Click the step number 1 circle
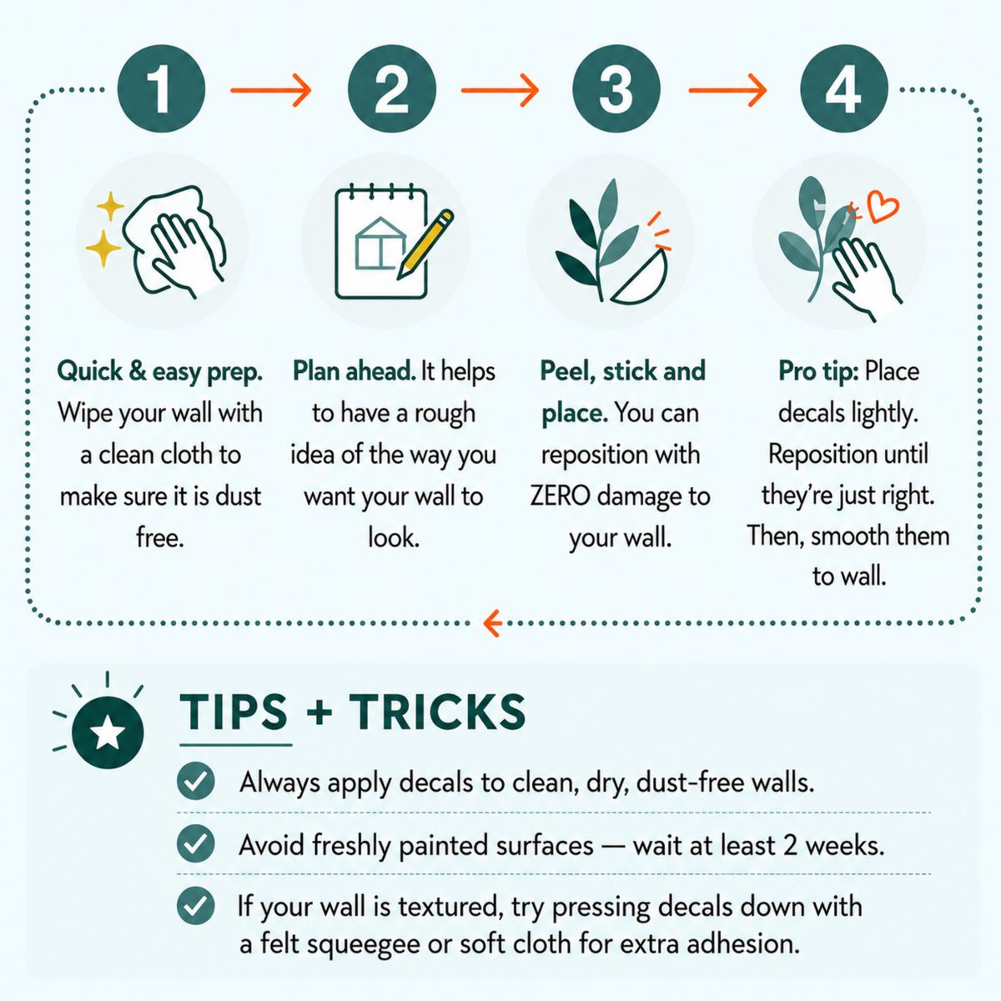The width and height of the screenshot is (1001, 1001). coord(161,88)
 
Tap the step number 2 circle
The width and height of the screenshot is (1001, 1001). coord(392,88)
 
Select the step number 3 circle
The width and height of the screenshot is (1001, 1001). coord(616,88)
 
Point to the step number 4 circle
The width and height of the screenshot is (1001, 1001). coord(843,88)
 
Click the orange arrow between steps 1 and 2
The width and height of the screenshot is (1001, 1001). coord(270,90)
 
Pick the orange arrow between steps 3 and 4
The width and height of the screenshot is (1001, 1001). coord(727,90)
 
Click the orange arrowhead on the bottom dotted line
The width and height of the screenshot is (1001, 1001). coord(492,623)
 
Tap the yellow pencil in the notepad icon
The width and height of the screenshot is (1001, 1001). coord(425,244)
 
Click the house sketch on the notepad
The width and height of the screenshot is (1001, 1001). coord(380,243)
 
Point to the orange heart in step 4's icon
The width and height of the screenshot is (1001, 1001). coord(883,206)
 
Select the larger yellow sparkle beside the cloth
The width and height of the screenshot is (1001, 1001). coord(103,248)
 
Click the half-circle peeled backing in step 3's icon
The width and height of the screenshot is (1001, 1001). coord(641,278)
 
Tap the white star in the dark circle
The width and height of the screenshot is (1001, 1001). coord(108,732)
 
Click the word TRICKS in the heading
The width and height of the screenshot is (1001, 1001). coord(437,712)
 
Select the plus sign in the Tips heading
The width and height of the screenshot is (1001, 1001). coord(319,712)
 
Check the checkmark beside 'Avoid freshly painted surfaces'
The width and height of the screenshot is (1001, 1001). coord(195,843)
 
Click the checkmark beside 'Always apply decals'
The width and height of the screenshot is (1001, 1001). coord(195,781)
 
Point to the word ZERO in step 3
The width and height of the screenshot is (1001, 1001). coord(560,496)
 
